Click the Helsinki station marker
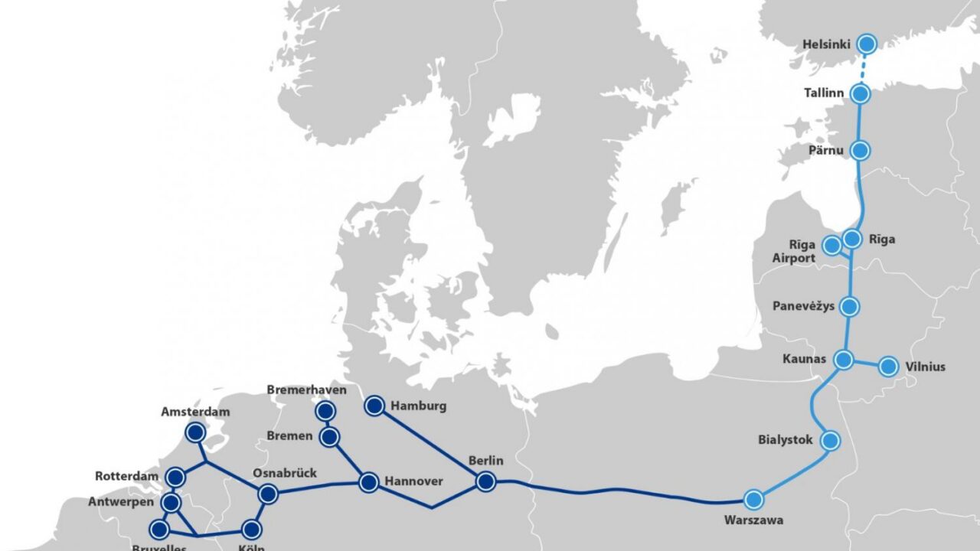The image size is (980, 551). pyautogui.click(x=867, y=43)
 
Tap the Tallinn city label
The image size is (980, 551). pyautogui.click(x=824, y=93)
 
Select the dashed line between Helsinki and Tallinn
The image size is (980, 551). pyautogui.click(x=864, y=69)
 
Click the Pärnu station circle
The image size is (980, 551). pyautogui.click(x=861, y=150)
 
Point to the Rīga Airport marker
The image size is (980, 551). pyautogui.click(x=831, y=246)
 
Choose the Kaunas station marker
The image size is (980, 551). pyautogui.click(x=844, y=360)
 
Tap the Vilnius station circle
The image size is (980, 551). pyautogui.click(x=888, y=367)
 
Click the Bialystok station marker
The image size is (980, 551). pyautogui.click(x=830, y=440)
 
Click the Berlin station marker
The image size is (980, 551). pyautogui.click(x=485, y=481)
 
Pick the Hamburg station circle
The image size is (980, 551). pyautogui.click(x=374, y=406)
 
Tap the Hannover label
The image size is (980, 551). pyautogui.click(x=413, y=481)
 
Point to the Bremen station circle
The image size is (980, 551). pyautogui.click(x=330, y=437)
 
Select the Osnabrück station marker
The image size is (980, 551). pyautogui.click(x=267, y=494)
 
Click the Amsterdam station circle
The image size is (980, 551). pyautogui.click(x=195, y=433)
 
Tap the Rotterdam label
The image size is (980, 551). pyautogui.click(x=126, y=477)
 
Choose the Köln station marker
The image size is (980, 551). pyautogui.click(x=250, y=529)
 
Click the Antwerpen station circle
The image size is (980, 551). pyautogui.click(x=171, y=503)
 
